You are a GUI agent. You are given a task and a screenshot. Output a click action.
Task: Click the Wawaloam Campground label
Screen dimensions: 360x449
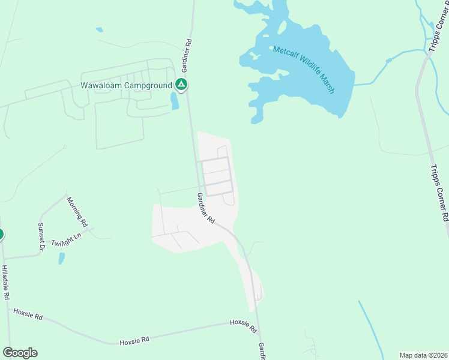point(126,86)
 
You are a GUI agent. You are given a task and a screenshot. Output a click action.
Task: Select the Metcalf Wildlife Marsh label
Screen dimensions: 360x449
point(304,70)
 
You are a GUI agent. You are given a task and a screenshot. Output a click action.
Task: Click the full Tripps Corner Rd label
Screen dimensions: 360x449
point(439,193)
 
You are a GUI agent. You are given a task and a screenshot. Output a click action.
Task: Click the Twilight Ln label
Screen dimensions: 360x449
point(66,240)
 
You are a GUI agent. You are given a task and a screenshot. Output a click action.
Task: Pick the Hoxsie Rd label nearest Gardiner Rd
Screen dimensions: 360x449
point(243,326)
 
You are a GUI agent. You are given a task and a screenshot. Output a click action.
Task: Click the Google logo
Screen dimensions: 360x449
point(20,353)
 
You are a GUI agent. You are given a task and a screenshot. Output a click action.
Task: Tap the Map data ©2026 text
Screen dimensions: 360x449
point(423,355)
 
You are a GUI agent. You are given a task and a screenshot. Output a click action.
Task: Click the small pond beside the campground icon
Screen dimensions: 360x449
point(174,101)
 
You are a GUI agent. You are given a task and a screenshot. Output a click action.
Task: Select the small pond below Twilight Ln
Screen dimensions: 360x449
point(62,258)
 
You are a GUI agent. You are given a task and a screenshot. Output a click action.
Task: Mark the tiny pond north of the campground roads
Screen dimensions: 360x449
point(99,29)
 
